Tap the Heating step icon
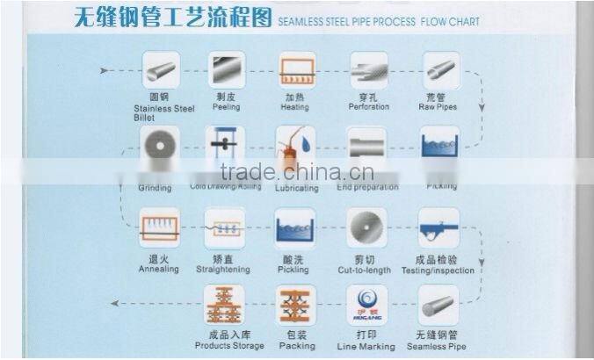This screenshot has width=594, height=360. click(x=296, y=69)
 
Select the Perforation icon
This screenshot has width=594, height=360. click(x=368, y=69)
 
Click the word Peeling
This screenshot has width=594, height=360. click(x=226, y=107)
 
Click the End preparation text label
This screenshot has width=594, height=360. click(x=367, y=187)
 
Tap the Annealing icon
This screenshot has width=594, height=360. click(x=159, y=227)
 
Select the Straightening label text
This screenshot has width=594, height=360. click(x=225, y=270)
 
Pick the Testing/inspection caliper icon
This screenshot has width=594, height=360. click(x=438, y=227)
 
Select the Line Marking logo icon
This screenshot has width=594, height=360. click(x=366, y=305)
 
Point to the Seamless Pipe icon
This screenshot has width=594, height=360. click(x=438, y=305)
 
